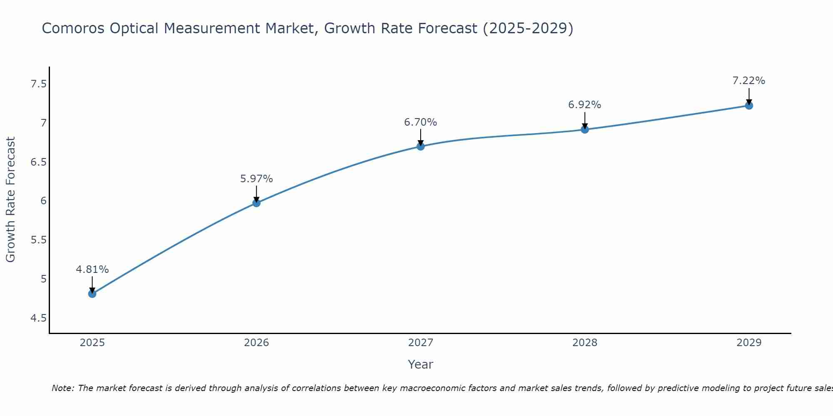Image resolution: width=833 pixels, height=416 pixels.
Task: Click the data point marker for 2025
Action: click(92, 294)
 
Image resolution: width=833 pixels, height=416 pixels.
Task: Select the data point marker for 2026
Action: click(257, 203)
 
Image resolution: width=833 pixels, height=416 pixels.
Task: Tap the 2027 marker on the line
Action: click(421, 146)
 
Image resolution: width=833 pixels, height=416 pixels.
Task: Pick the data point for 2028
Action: click(585, 129)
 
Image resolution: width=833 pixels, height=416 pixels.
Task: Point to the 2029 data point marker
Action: click(749, 106)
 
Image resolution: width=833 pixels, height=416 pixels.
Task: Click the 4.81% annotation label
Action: click(92, 270)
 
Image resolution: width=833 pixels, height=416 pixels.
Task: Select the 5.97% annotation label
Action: click(257, 179)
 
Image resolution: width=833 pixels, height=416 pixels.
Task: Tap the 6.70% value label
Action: click(421, 122)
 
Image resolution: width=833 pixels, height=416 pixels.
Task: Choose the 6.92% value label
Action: click(585, 105)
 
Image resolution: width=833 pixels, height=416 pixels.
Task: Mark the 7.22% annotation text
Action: click(749, 81)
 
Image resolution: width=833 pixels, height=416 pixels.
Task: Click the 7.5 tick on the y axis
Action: click(38, 84)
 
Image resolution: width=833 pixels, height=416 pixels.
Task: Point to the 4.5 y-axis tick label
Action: click(38, 318)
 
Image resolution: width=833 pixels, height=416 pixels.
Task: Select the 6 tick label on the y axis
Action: click(43, 201)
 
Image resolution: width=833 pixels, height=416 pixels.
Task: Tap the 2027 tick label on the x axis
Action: click(421, 343)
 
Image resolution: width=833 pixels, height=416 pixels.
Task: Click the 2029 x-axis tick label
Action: click(749, 343)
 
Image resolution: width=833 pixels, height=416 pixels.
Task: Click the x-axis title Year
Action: click(421, 364)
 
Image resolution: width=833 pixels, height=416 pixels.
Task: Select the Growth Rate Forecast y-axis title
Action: click(11, 200)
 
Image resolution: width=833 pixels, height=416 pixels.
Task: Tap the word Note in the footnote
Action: click(62, 388)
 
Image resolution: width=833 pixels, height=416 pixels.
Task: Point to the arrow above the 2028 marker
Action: click(585, 120)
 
